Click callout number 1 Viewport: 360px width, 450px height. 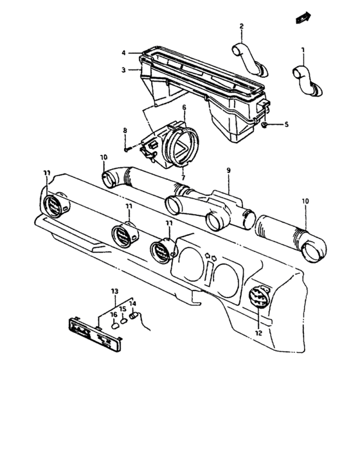[x=303, y=50]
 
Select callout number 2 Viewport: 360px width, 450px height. [x=241, y=26]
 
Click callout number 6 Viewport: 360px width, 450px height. [x=183, y=107]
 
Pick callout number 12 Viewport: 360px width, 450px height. [x=259, y=333]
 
